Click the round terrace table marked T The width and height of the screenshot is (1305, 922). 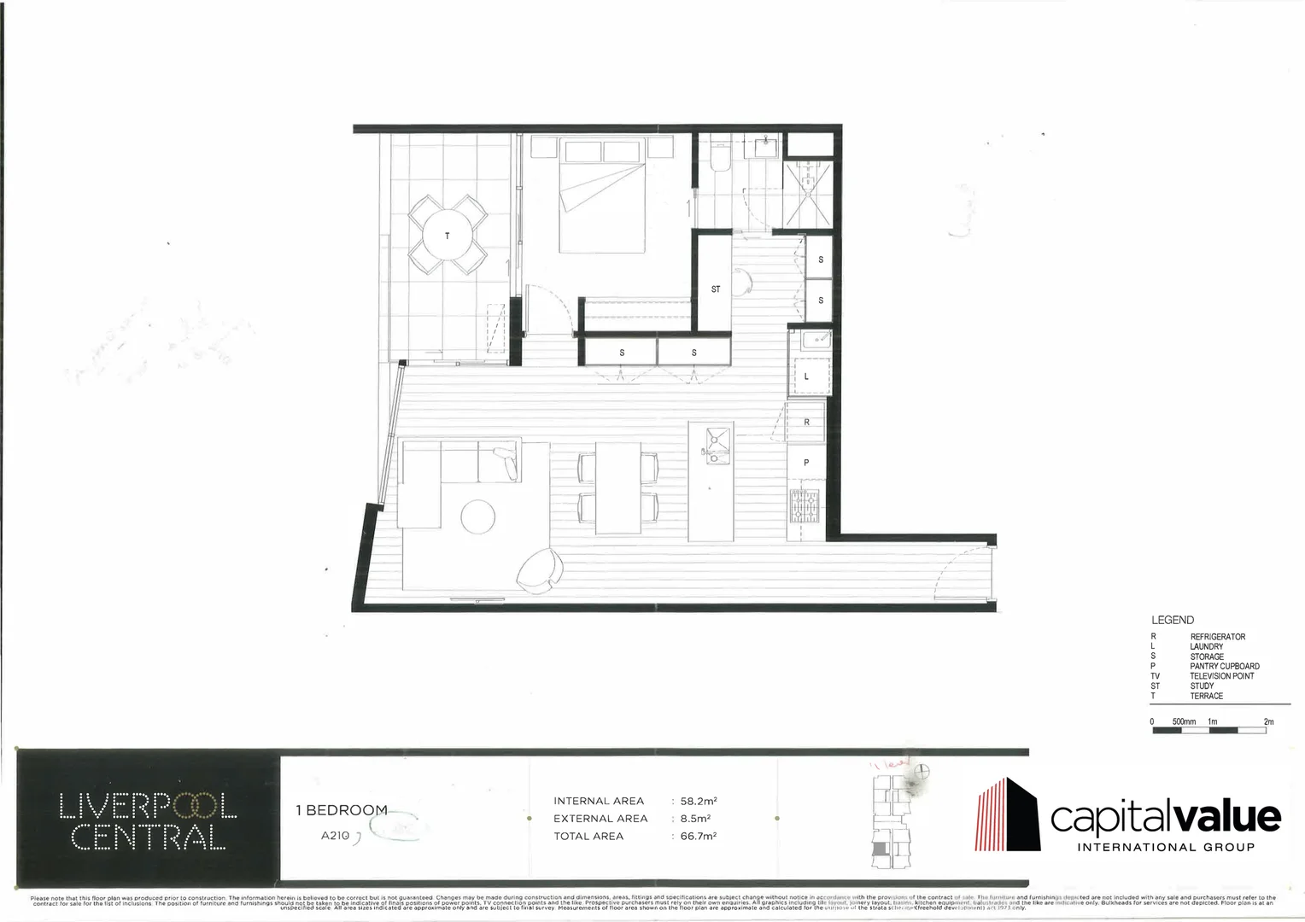448,235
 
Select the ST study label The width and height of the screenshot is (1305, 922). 716,289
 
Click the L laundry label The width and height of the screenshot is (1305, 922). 806,376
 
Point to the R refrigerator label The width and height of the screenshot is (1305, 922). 806,423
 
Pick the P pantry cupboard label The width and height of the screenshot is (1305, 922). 806,463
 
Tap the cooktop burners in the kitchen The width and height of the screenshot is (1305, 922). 805,509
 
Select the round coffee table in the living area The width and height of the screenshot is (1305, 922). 477,516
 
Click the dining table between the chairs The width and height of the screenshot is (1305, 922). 618,487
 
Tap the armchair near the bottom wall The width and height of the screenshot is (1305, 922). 540,569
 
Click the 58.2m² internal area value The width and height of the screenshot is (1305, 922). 698,801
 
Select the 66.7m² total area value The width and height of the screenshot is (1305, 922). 698,836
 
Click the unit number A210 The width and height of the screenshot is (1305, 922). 335,836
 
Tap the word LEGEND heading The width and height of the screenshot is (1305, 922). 1173,621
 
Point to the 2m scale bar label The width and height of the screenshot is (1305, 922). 1268,722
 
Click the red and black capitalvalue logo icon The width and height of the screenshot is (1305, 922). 1008,815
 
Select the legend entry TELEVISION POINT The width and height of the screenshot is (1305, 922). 1222,676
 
